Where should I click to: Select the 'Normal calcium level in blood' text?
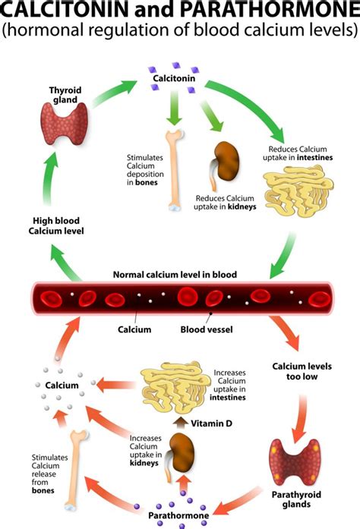point(175,274)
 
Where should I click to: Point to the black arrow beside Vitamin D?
point(180,422)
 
